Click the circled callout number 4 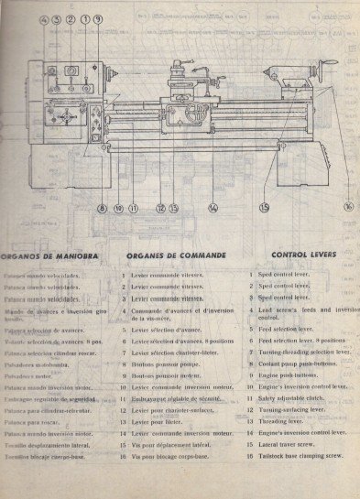click(44, 18)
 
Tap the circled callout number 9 click(98, 18)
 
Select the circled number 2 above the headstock click(71, 18)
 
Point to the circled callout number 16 click(348, 207)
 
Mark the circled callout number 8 click(103, 208)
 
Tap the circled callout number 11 click(134, 208)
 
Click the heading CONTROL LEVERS click(304, 254)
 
